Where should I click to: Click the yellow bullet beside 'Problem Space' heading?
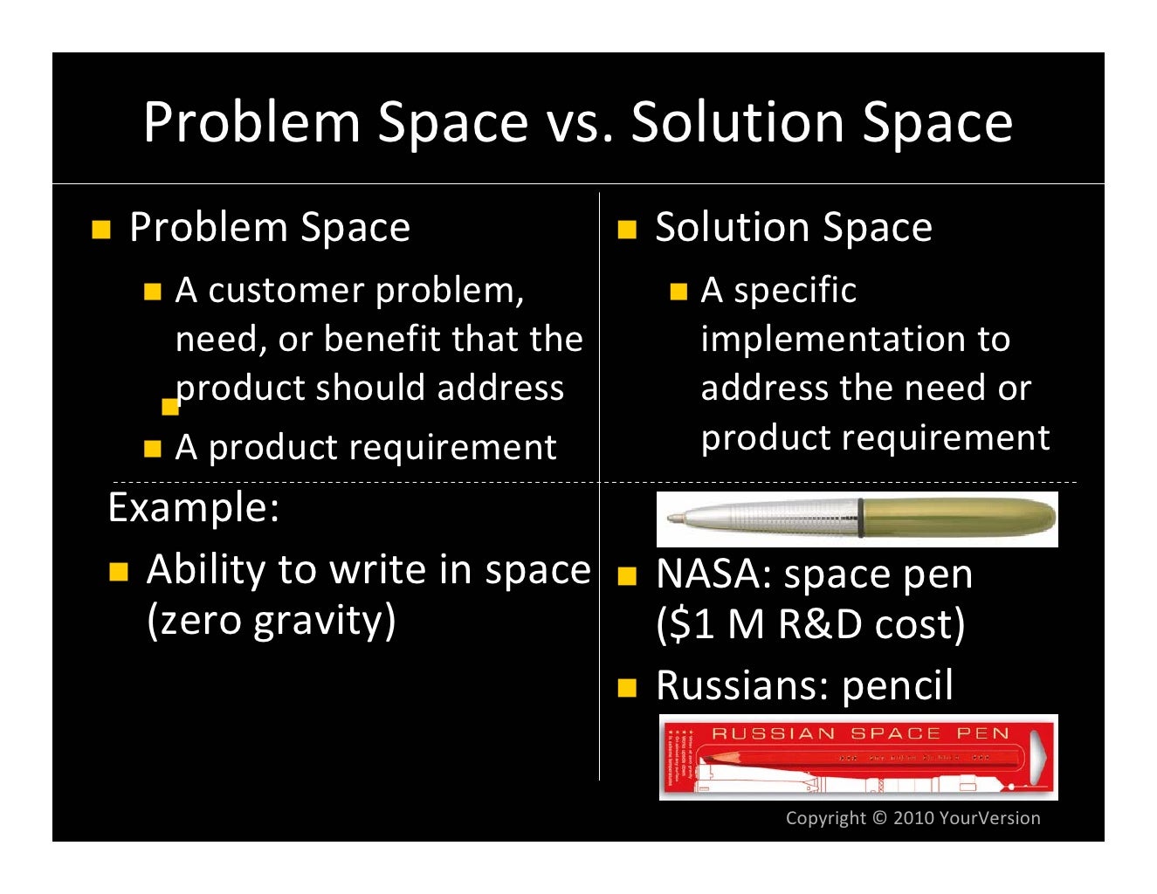pyautogui.click(x=101, y=230)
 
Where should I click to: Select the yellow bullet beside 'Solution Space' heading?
pyautogui.click(x=627, y=230)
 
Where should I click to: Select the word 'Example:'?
pyautogui.click(x=193, y=507)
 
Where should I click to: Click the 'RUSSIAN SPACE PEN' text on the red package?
pyautogui.click(x=860, y=733)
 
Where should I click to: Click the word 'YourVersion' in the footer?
pyautogui.click(x=989, y=818)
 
